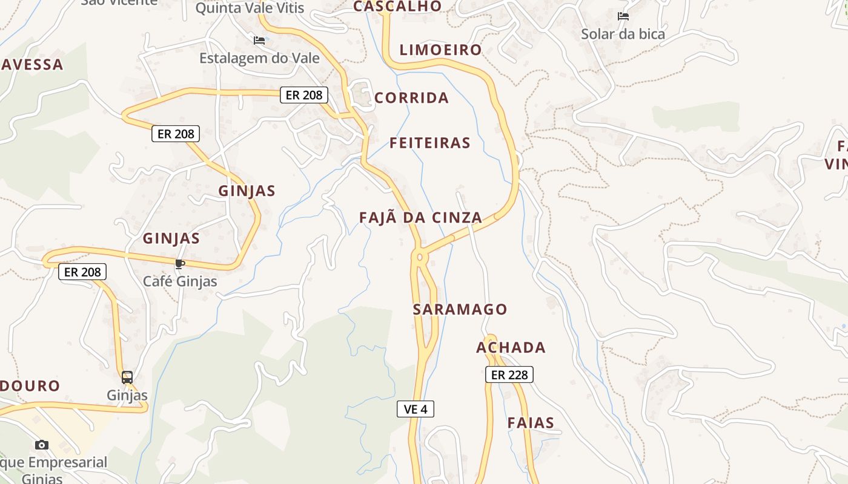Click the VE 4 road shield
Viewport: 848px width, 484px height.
click(416, 409)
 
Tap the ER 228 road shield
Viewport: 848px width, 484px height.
click(509, 374)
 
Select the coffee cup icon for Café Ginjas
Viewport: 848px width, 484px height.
click(179, 264)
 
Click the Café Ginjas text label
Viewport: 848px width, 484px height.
click(180, 281)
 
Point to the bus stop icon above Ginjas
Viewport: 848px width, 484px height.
click(127, 378)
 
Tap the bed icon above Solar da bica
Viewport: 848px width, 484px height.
click(623, 16)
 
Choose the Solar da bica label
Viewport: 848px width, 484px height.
click(623, 34)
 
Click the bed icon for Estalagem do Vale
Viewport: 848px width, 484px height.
click(259, 41)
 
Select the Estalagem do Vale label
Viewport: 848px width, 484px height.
click(259, 58)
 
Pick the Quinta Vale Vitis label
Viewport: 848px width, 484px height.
click(250, 8)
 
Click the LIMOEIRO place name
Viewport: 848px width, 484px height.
click(440, 50)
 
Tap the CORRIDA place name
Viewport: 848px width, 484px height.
click(411, 98)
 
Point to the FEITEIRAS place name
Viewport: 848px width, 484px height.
click(430, 143)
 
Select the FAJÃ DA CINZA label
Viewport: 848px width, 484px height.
click(420, 218)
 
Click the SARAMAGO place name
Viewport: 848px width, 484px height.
click(460, 310)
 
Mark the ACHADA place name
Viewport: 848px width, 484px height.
click(511, 348)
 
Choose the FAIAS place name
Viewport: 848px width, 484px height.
click(531, 423)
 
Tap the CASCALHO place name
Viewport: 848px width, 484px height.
click(397, 6)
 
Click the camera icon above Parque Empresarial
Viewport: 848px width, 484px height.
click(42, 445)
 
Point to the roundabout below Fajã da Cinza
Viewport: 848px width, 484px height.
click(419, 257)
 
